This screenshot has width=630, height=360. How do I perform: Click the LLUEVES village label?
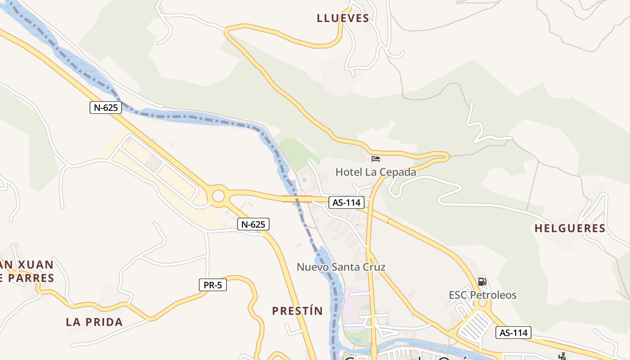pos(343,18)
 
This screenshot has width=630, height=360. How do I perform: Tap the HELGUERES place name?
pos(570,229)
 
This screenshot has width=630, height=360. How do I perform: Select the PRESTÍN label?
pos(297,311)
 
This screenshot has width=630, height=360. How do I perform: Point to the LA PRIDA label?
pos(94,322)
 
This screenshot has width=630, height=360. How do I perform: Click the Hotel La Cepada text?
pos(376,172)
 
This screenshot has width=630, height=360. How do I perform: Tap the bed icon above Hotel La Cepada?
pos(376,158)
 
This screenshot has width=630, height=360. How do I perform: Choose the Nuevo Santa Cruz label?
pos(341,267)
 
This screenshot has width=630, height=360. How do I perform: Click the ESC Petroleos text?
pos(482,295)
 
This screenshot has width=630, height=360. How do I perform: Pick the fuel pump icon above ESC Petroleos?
pos(482,282)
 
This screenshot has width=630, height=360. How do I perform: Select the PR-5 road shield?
pos(213,285)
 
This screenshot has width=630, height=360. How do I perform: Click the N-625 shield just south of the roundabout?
pos(253,224)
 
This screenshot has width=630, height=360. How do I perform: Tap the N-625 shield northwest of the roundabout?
pos(106,108)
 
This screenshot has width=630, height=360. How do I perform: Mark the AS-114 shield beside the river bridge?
pos(346,202)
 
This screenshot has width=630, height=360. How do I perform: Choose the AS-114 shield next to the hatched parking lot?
pos(513,333)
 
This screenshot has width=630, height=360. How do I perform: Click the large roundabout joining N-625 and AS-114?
pos(218,196)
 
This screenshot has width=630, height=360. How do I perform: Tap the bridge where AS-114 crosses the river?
pos(297,199)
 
